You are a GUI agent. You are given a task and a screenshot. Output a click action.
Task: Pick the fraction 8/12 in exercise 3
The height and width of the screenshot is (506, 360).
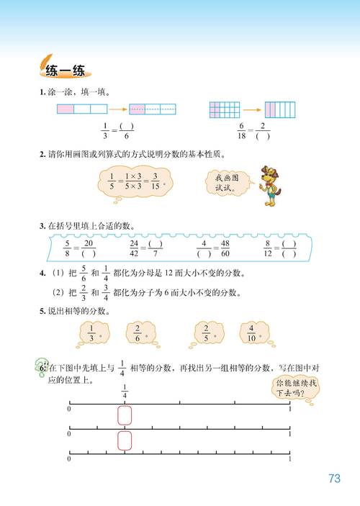268,248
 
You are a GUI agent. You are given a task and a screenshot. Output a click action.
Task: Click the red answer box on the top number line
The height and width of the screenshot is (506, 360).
125,417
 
